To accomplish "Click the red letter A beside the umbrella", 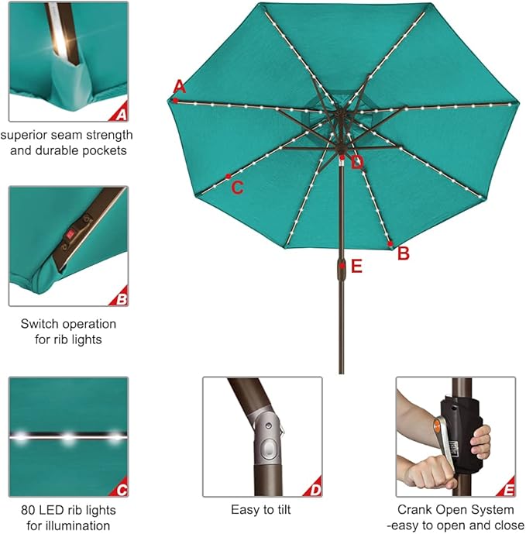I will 180,85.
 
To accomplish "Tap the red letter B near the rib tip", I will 403,253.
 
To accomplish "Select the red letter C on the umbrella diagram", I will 238,187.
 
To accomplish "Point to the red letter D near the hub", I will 356,162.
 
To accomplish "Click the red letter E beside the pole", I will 356,267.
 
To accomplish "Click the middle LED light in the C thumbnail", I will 68,438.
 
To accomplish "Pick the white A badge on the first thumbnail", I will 120,115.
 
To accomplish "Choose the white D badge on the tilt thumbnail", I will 314,489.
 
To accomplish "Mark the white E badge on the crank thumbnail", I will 507,489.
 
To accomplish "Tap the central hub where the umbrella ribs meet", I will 339,116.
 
